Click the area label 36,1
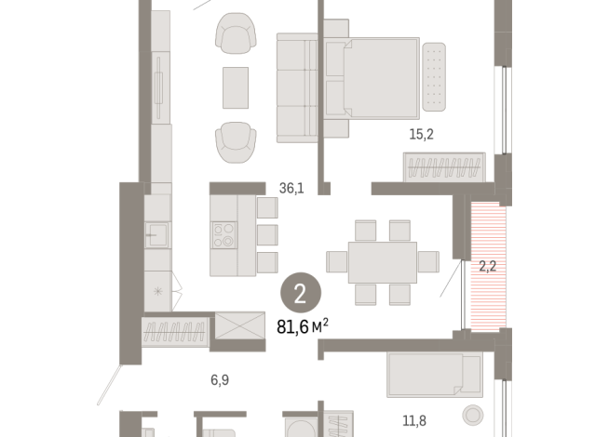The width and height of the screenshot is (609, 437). point(291,188)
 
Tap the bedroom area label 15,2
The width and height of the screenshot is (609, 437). point(422,134)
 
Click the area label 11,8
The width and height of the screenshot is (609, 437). point(414,418)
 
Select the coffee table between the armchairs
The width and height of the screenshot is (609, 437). point(235,88)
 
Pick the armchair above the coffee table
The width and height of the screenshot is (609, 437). point(235,37)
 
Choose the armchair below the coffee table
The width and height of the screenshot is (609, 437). point(235,139)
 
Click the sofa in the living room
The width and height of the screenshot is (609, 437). point(298,88)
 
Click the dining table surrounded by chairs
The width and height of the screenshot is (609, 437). point(382,262)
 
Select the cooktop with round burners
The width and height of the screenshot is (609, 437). point(223,235)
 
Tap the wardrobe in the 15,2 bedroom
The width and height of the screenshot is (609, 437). point(443,169)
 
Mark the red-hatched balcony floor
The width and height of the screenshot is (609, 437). point(488,267)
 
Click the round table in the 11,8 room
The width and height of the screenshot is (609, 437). point(473,414)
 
